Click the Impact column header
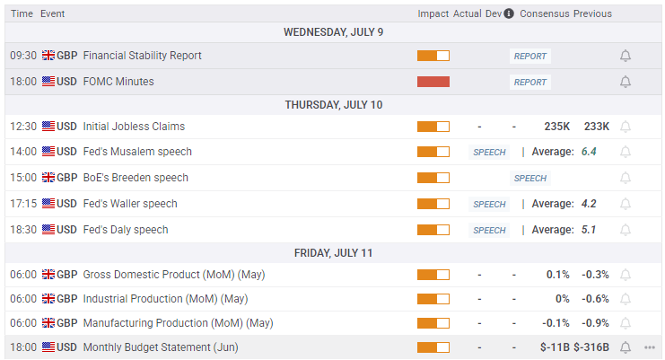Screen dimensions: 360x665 coord(433,13)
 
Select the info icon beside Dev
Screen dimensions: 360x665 coord(509,13)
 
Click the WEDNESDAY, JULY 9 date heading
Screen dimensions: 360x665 coord(333,32)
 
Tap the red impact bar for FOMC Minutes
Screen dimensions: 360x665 coord(433,82)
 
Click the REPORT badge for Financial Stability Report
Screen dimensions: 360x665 coord(529,56)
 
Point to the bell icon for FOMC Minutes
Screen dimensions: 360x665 coord(626,82)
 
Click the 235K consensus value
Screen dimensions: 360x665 coord(557,127)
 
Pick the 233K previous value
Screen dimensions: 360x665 coord(596,127)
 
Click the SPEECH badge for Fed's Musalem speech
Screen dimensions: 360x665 coord(489,153)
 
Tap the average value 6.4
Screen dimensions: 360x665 coord(589,152)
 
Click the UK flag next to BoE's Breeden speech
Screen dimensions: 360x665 coord(48,178)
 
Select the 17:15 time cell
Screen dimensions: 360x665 coord(23,204)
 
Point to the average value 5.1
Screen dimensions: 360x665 coord(589,230)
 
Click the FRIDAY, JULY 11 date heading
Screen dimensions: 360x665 coord(333,252)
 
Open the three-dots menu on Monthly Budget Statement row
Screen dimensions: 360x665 coord(650,347)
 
